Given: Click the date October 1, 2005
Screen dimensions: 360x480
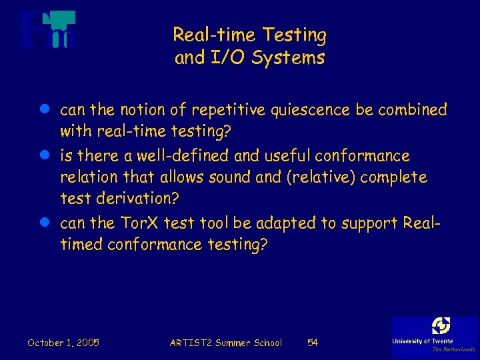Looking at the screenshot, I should (x=63, y=343).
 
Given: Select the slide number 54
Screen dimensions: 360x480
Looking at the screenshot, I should (x=312, y=343).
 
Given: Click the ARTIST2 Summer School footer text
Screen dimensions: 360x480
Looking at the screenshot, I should (x=226, y=343).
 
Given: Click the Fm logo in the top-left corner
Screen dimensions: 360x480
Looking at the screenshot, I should (x=47, y=31).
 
